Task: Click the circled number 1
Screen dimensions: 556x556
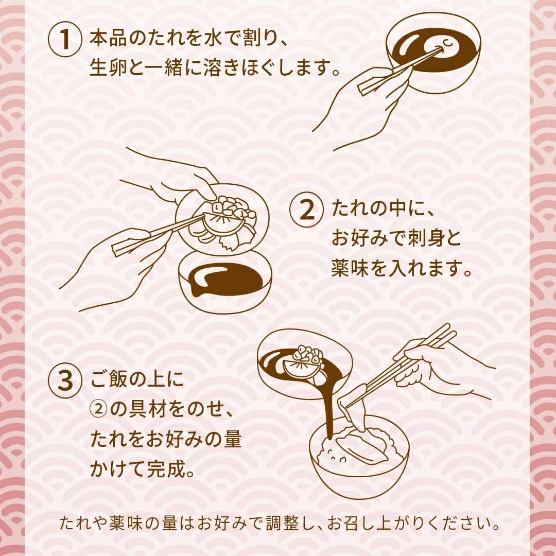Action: coord(64,39)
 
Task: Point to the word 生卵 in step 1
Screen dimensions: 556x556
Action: coord(108,68)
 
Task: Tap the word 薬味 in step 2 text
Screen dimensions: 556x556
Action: coord(350,268)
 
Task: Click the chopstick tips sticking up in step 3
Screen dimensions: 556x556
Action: coord(447,331)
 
